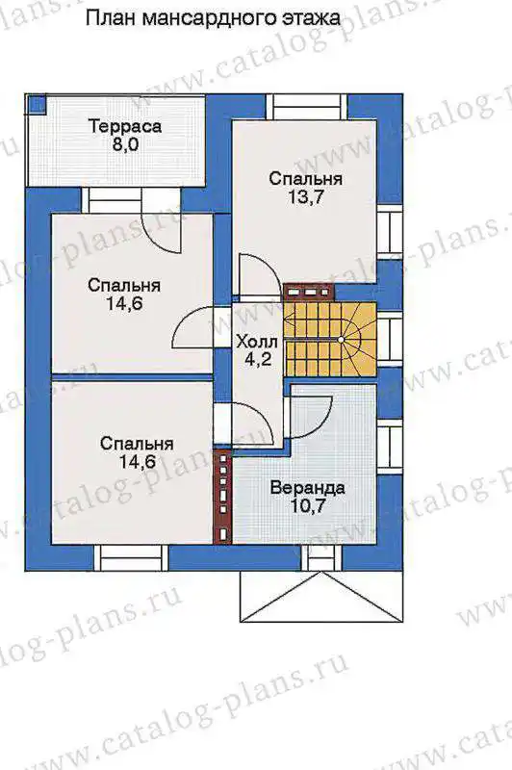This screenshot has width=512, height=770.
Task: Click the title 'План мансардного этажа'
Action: coord(213,18)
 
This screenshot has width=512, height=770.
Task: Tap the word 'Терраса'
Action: coord(125,126)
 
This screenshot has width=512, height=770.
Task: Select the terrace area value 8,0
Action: coord(125,146)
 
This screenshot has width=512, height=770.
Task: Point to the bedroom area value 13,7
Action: coord(305,197)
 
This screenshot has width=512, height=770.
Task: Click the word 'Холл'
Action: coord(257,342)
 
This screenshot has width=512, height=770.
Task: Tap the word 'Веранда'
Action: coord(307,488)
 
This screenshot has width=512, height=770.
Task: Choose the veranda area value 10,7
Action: coord(308,506)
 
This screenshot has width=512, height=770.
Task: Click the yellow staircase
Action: coord(330,339)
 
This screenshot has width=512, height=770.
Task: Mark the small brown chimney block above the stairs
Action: coord(309,293)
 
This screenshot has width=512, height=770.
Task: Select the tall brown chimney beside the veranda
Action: coord(223,497)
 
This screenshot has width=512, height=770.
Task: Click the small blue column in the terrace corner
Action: coord(36,105)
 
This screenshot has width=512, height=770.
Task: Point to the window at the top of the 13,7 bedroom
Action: coord(307,106)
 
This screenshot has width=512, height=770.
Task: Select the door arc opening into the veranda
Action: coord(313,418)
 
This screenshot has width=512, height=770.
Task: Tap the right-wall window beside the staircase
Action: coord(391,339)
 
